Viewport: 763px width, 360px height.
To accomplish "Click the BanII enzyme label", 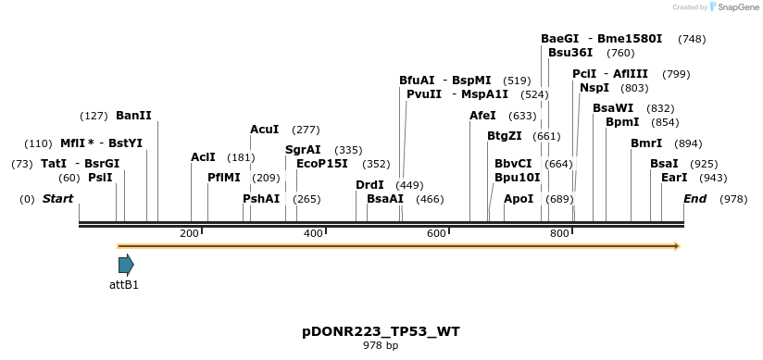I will tap(133, 116).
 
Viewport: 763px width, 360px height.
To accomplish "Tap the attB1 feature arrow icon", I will tap(126, 265).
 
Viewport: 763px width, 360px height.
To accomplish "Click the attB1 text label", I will tap(124, 285).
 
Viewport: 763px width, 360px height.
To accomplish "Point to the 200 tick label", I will tap(189, 233).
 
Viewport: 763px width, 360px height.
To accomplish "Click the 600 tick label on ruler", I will tap(436, 233).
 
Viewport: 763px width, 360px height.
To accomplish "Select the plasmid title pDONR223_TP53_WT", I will tap(381, 331).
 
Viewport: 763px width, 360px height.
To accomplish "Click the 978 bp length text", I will tap(381, 346).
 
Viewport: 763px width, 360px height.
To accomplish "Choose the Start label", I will tap(57, 199).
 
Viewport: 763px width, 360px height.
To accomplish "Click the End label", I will tap(694, 199).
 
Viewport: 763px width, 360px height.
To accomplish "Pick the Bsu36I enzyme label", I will tap(570, 53).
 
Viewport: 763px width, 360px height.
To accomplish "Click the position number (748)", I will tap(692, 39).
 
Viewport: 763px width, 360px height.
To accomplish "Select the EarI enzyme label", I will tap(674, 178).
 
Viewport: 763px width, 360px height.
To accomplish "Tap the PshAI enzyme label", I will tap(261, 199).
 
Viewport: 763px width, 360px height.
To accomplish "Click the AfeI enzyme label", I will tap(482, 116).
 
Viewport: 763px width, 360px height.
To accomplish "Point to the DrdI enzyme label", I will tap(369, 185).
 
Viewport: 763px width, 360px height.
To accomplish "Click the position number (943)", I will tap(713, 178).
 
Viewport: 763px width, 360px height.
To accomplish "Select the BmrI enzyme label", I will tap(646, 143).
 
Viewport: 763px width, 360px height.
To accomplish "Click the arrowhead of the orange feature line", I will tap(677, 246).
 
